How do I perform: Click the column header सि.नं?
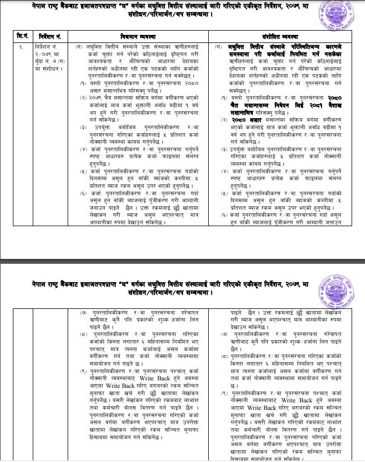[22, 35]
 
